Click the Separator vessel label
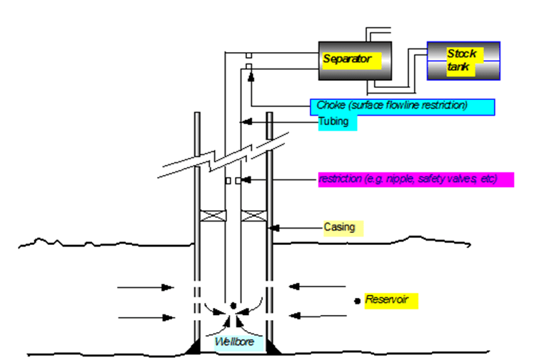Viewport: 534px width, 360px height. pos(348,59)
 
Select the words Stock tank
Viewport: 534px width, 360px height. pos(462,60)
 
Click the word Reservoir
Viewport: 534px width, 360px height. pos(386,299)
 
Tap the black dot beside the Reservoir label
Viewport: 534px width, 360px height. pos(356,301)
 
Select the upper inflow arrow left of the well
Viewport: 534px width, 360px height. pos(146,288)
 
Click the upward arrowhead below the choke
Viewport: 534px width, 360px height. pos(251,77)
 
